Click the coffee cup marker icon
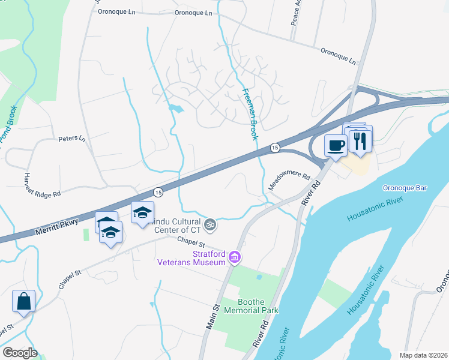[335, 145]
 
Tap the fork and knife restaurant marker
[360, 140]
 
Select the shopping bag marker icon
[23, 301]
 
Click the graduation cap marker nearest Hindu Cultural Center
[143, 213]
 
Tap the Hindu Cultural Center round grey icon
[209, 225]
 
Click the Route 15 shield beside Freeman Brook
[274, 147]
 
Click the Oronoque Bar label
[404, 188]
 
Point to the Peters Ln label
[72, 139]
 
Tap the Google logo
[20, 353]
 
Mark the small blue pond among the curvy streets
[175, 109]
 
